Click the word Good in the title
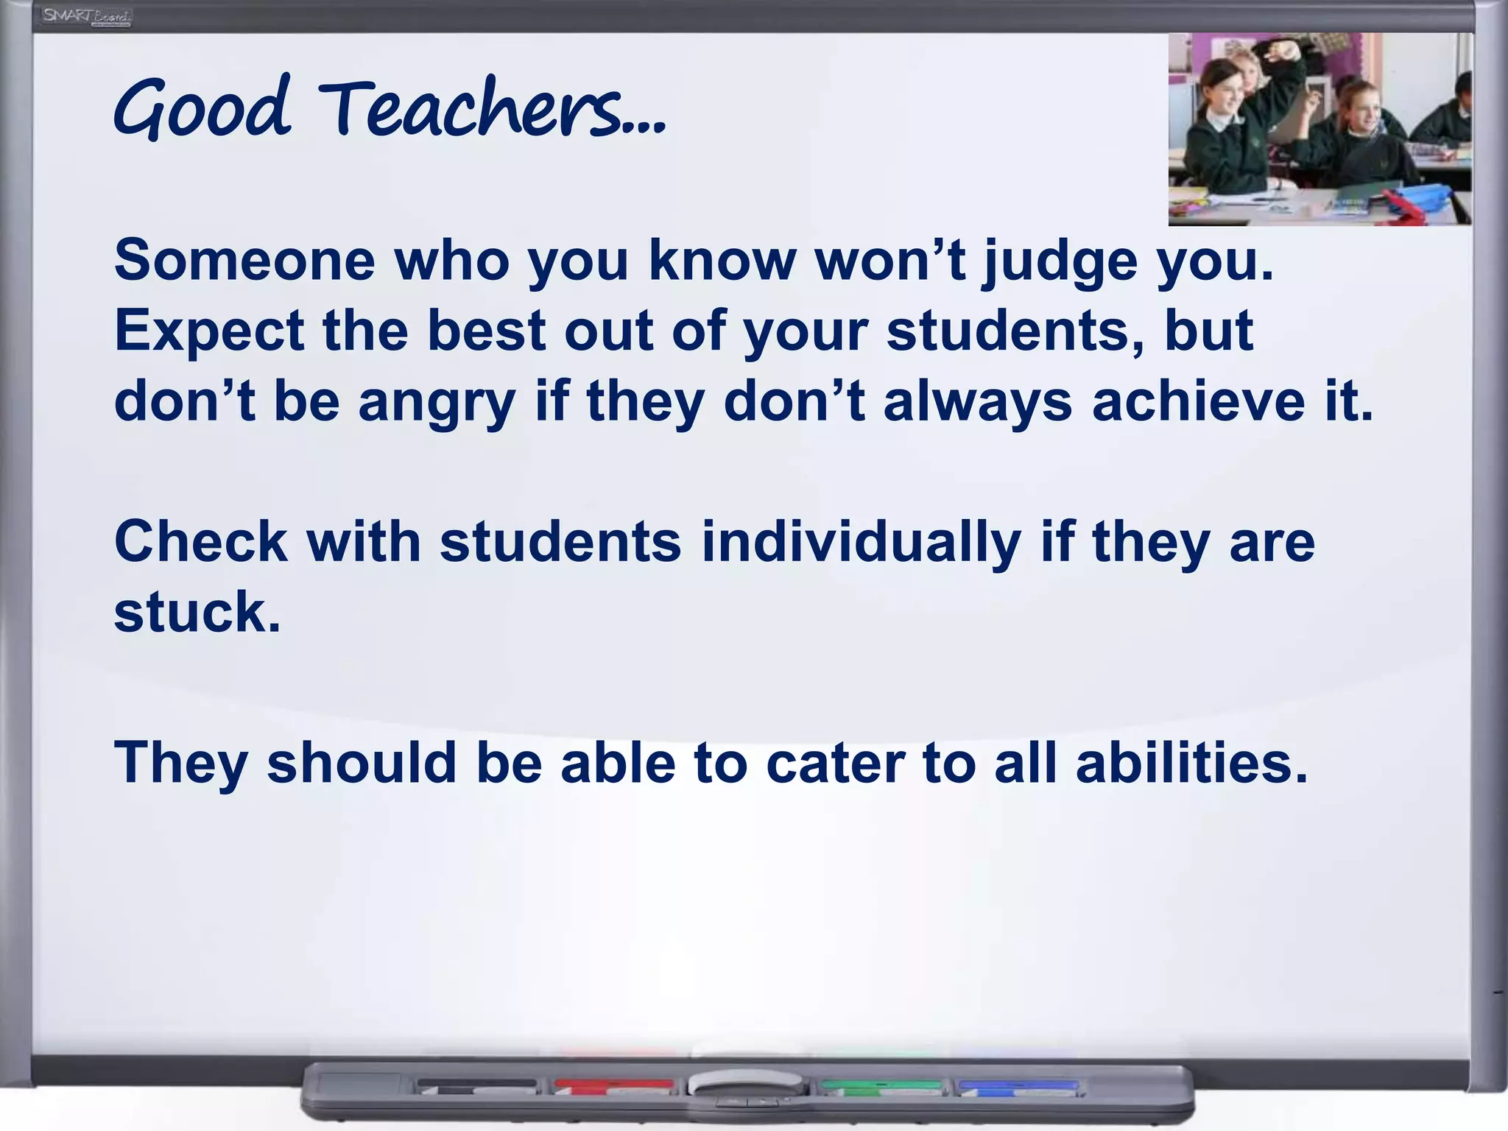click(202, 110)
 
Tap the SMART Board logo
click(86, 16)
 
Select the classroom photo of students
click(1319, 130)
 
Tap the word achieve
click(1197, 402)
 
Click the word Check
click(200, 542)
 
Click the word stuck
click(197, 613)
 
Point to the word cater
click(835, 763)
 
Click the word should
click(362, 763)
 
